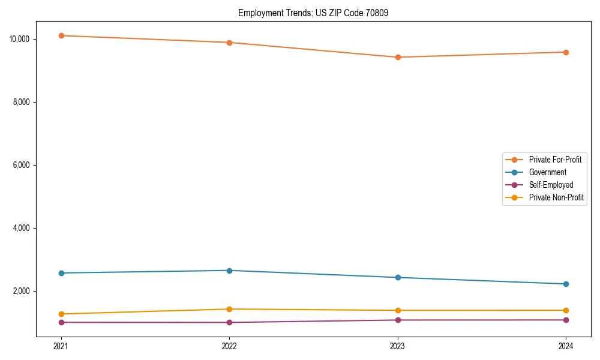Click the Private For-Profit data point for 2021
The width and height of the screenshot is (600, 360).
[x=61, y=35]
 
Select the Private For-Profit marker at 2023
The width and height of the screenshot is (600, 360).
[x=397, y=57]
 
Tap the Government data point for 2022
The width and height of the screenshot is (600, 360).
[x=229, y=271]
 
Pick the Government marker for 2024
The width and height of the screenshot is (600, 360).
[x=566, y=284]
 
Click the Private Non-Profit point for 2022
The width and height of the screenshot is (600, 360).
[x=229, y=309]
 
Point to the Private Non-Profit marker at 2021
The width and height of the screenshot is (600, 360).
[x=61, y=314]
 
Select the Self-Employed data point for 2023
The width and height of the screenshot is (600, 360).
[x=397, y=320]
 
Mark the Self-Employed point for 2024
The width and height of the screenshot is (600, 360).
[x=566, y=320]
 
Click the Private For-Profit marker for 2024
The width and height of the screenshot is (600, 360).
[x=566, y=52]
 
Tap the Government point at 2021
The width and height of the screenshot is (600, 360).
[x=61, y=273]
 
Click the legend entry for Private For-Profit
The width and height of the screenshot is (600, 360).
[x=554, y=160]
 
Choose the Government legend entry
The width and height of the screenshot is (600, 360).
[x=547, y=172]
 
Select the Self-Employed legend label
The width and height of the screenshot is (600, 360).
[x=551, y=185]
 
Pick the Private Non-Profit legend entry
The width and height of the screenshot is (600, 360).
[x=556, y=197]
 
